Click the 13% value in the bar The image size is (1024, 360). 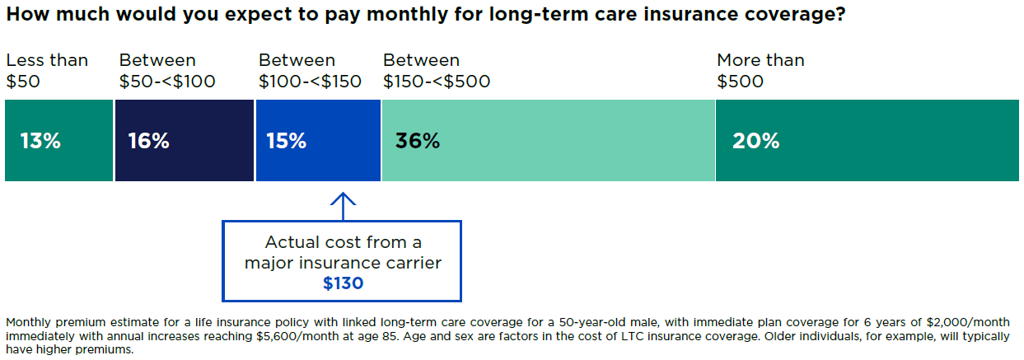coord(40,141)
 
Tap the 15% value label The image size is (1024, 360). coord(286,141)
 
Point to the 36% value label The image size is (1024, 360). coord(418,141)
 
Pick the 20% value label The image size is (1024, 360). coord(755,141)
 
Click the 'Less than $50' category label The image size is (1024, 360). coord(46,71)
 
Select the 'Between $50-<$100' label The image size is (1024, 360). coord(167,71)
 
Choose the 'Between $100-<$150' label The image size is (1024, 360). coord(310,71)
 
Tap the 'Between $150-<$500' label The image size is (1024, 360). coord(437,71)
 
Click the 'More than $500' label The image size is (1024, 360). coord(760,71)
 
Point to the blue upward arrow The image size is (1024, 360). coord(343,203)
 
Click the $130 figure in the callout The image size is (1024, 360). coord(342,283)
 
